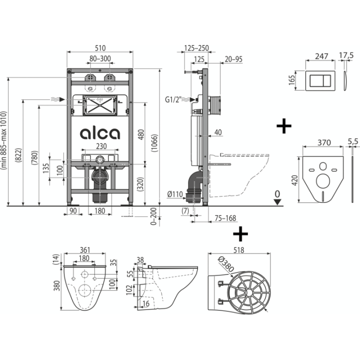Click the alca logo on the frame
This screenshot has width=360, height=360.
click(100, 133)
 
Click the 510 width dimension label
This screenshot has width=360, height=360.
click(100, 48)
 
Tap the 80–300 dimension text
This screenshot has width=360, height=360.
click(100, 59)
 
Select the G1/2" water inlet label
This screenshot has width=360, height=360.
click(173, 99)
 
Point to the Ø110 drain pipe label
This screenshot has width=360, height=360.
click(175, 194)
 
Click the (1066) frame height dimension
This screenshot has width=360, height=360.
click(155, 143)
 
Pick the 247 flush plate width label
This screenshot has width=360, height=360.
click(321, 56)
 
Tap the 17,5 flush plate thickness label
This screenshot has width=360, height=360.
click(346, 55)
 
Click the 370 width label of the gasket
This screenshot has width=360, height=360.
click(324, 143)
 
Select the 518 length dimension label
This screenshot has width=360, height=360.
click(239, 250)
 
